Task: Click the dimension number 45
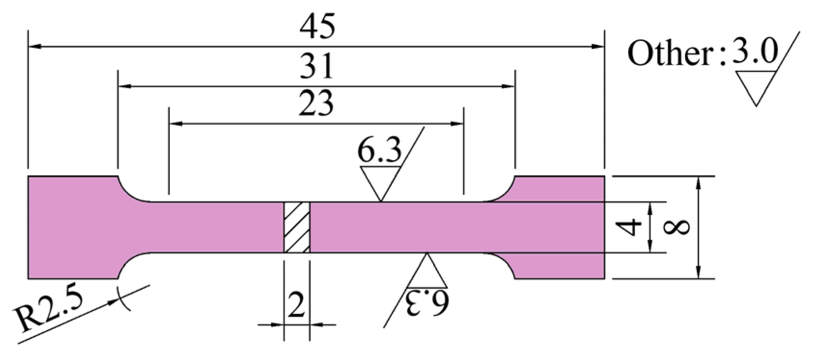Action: coord(317,27)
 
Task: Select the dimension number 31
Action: coord(316,67)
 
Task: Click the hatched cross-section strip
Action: coord(297,227)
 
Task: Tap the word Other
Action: coord(670,53)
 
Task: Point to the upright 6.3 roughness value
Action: coord(379,152)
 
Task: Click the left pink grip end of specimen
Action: coord(72,227)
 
